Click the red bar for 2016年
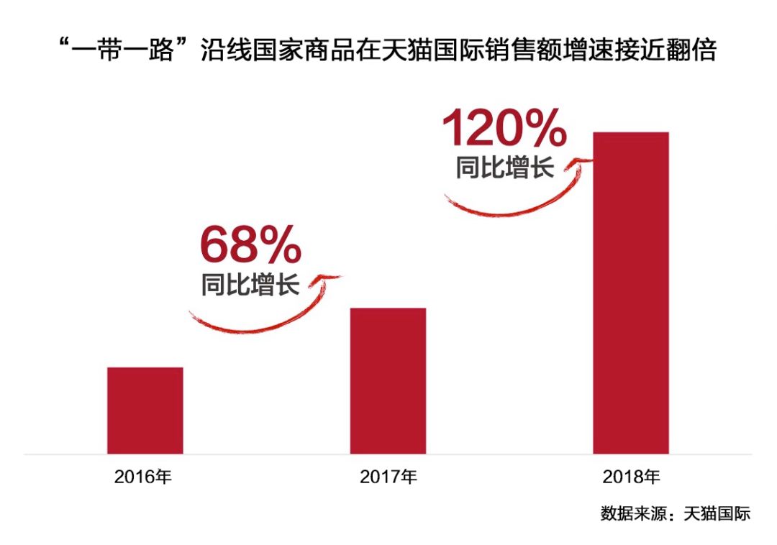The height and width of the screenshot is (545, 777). [145, 411]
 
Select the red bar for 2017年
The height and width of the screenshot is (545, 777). [388, 381]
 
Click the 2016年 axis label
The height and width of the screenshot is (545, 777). [144, 476]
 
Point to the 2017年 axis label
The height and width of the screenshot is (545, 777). [388, 476]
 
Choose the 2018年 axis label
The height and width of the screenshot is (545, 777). [631, 476]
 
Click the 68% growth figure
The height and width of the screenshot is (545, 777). [250, 244]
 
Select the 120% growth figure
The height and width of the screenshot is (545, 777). [504, 129]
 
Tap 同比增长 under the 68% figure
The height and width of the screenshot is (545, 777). [250, 285]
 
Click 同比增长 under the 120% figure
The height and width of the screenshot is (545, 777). [504, 168]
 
